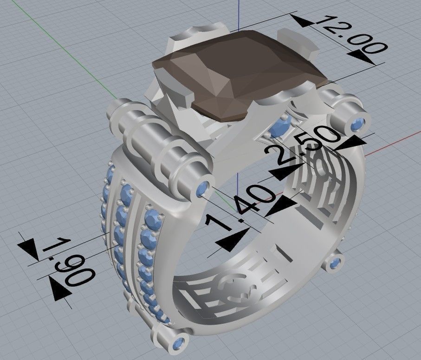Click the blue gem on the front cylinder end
pyautogui.click(x=203, y=189)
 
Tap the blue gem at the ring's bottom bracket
pyautogui.click(x=178, y=344)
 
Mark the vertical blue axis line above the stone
pyautogui.click(x=238, y=14)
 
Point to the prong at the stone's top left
pyautogui.click(x=190, y=37)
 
